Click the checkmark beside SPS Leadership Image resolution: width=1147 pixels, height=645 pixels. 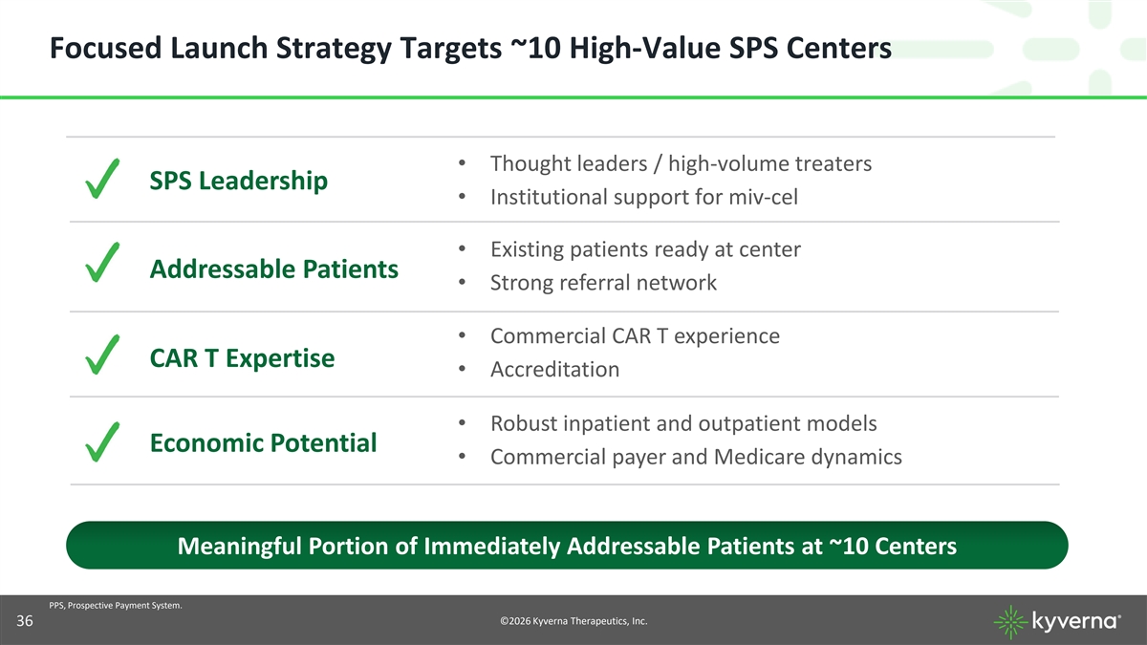[102, 179]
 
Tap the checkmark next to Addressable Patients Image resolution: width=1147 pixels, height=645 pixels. [102, 263]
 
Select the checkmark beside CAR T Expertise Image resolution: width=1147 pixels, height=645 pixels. [102, 355]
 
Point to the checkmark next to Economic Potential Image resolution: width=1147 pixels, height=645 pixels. [102, 442]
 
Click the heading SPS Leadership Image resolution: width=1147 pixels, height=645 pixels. [239, 181]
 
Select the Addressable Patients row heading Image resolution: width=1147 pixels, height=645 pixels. [274, 269]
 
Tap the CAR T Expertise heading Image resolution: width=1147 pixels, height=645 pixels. [242, 357]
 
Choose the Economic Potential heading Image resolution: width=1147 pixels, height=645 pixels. [263, 442]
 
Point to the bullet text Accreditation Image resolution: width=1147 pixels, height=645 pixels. [555, 369]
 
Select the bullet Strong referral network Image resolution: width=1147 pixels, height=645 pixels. [604, 283]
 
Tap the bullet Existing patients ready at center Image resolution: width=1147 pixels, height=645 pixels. [646, 249]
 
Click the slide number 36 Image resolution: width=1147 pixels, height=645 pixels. [25, 621]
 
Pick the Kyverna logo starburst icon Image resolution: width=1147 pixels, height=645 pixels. [1010, 622]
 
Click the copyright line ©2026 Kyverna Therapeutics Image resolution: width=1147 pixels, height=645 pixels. [573, 621]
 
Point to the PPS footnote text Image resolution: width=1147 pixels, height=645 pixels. [116, 606]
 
